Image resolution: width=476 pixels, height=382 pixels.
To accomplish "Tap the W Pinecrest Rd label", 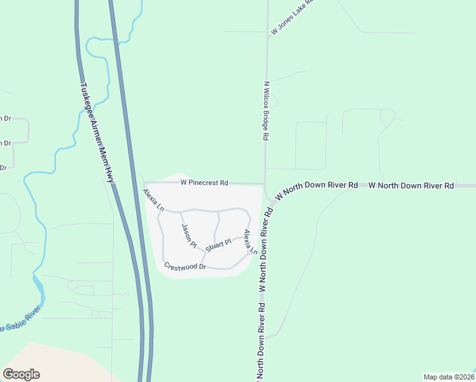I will click(204, 183).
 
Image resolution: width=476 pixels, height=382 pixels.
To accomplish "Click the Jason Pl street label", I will click(188, 236).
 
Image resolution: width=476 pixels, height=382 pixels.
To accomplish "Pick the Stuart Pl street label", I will click(220, 244).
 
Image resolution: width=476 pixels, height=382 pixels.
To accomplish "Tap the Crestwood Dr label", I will click(185, 266).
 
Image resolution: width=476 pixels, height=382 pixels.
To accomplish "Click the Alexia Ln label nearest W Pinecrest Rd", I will click(153, 200).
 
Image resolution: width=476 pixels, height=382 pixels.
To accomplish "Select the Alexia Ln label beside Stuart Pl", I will click(250, 242).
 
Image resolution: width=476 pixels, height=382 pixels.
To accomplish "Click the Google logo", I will click(21, 374).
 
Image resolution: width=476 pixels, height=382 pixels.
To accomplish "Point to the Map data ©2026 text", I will click(448, 376).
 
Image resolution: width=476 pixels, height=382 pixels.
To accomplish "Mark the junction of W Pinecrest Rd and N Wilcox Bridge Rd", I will click(265, 183).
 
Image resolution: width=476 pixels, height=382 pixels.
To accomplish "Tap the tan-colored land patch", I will click(51, 363).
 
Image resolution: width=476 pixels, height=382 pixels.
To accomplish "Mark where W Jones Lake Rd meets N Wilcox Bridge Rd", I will click(268, 36).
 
